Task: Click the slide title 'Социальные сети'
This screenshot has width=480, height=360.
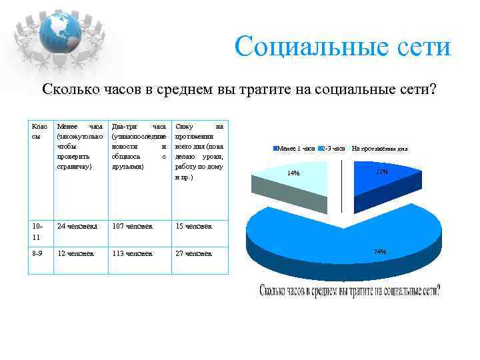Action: tap(343, 47)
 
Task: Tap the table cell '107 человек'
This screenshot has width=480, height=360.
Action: tap(133, 226)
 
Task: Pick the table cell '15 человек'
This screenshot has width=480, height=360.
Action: tap(193, 226)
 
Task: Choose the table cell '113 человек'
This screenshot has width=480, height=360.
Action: tap(133, 253)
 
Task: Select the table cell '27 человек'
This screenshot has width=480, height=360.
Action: tap(193, 253)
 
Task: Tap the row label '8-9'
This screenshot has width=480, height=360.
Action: tap(37, 253)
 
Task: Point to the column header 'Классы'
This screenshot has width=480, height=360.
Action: tap(39, 131)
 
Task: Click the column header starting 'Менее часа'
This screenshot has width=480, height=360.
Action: tap(80, 146)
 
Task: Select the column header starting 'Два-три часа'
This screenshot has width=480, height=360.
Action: tap(139, 146)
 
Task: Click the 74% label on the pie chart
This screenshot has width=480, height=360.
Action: tap(380, 251)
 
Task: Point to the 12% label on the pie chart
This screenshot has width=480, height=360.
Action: tap(382, 172)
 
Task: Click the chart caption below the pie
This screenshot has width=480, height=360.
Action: tap(349, 291)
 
